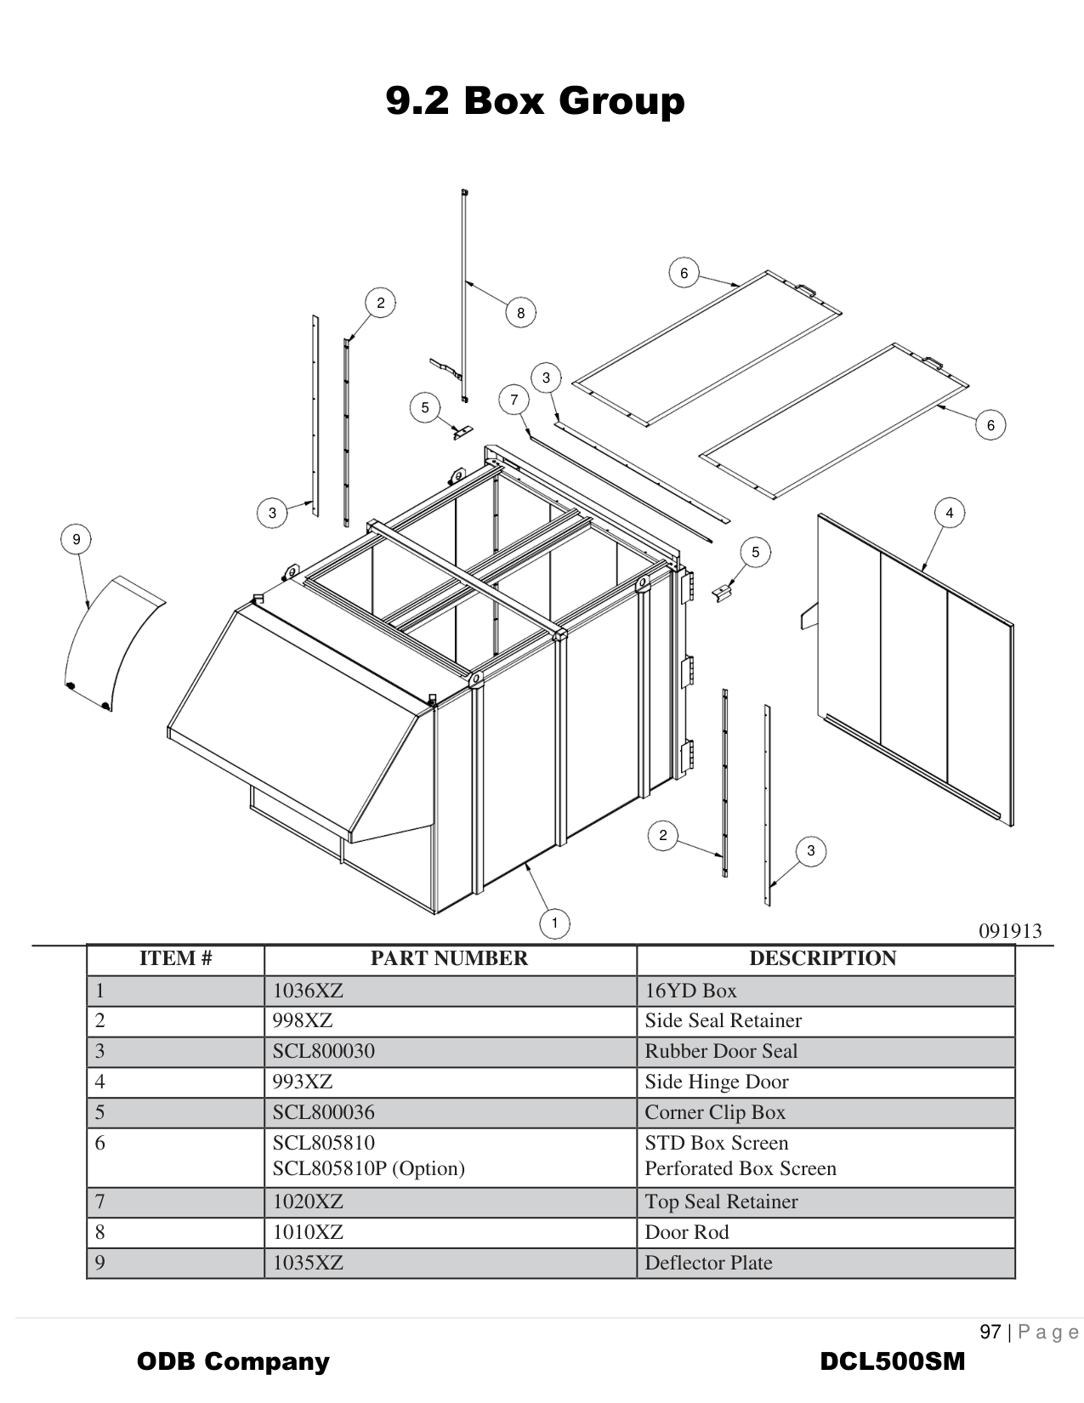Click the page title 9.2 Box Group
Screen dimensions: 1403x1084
535,101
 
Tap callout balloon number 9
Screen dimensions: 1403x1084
77,539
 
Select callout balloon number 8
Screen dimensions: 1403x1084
520,313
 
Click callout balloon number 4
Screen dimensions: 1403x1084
949,513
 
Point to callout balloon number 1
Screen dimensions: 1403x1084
554,923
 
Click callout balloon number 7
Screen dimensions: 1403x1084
514,400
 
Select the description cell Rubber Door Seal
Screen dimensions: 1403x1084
721,1052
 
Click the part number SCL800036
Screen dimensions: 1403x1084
323,1112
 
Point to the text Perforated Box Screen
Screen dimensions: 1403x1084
740,1169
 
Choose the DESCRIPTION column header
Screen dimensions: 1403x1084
822,959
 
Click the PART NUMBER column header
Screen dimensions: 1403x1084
449,959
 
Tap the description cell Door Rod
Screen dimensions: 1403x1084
687,1232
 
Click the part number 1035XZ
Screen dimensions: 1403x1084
308,1263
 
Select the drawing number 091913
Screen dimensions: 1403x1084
1010,931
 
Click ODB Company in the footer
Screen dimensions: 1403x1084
233,1361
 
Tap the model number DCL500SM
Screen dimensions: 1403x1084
892,1361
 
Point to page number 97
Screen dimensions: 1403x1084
990,1332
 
